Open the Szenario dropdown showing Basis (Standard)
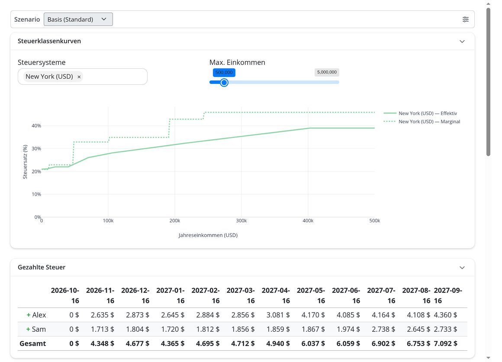(x=78, y=19)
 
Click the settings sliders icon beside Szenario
(x=466, y=19)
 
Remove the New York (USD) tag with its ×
(x=79, y=77)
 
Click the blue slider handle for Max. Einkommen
(x=224, y=83)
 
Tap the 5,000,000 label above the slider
(x=327, y=72)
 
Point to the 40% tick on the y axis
(x=36, y=126)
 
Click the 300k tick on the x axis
(x=241, y=221)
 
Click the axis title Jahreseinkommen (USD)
(x=208, y=235)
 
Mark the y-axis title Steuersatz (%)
(x=25, y=162)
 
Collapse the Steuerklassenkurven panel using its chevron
(x=462, y=41)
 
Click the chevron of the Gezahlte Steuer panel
(x=462, y=268)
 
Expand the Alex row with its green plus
(x=29, y=315)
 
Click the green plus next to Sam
(x=28, y=330)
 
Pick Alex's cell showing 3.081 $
(x=278, y=315)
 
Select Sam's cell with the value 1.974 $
(x=348, y=330)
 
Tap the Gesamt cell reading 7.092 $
(x=446, y=343)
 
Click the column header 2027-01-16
(x=171, y=295)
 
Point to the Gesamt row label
(x=32, y=343)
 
